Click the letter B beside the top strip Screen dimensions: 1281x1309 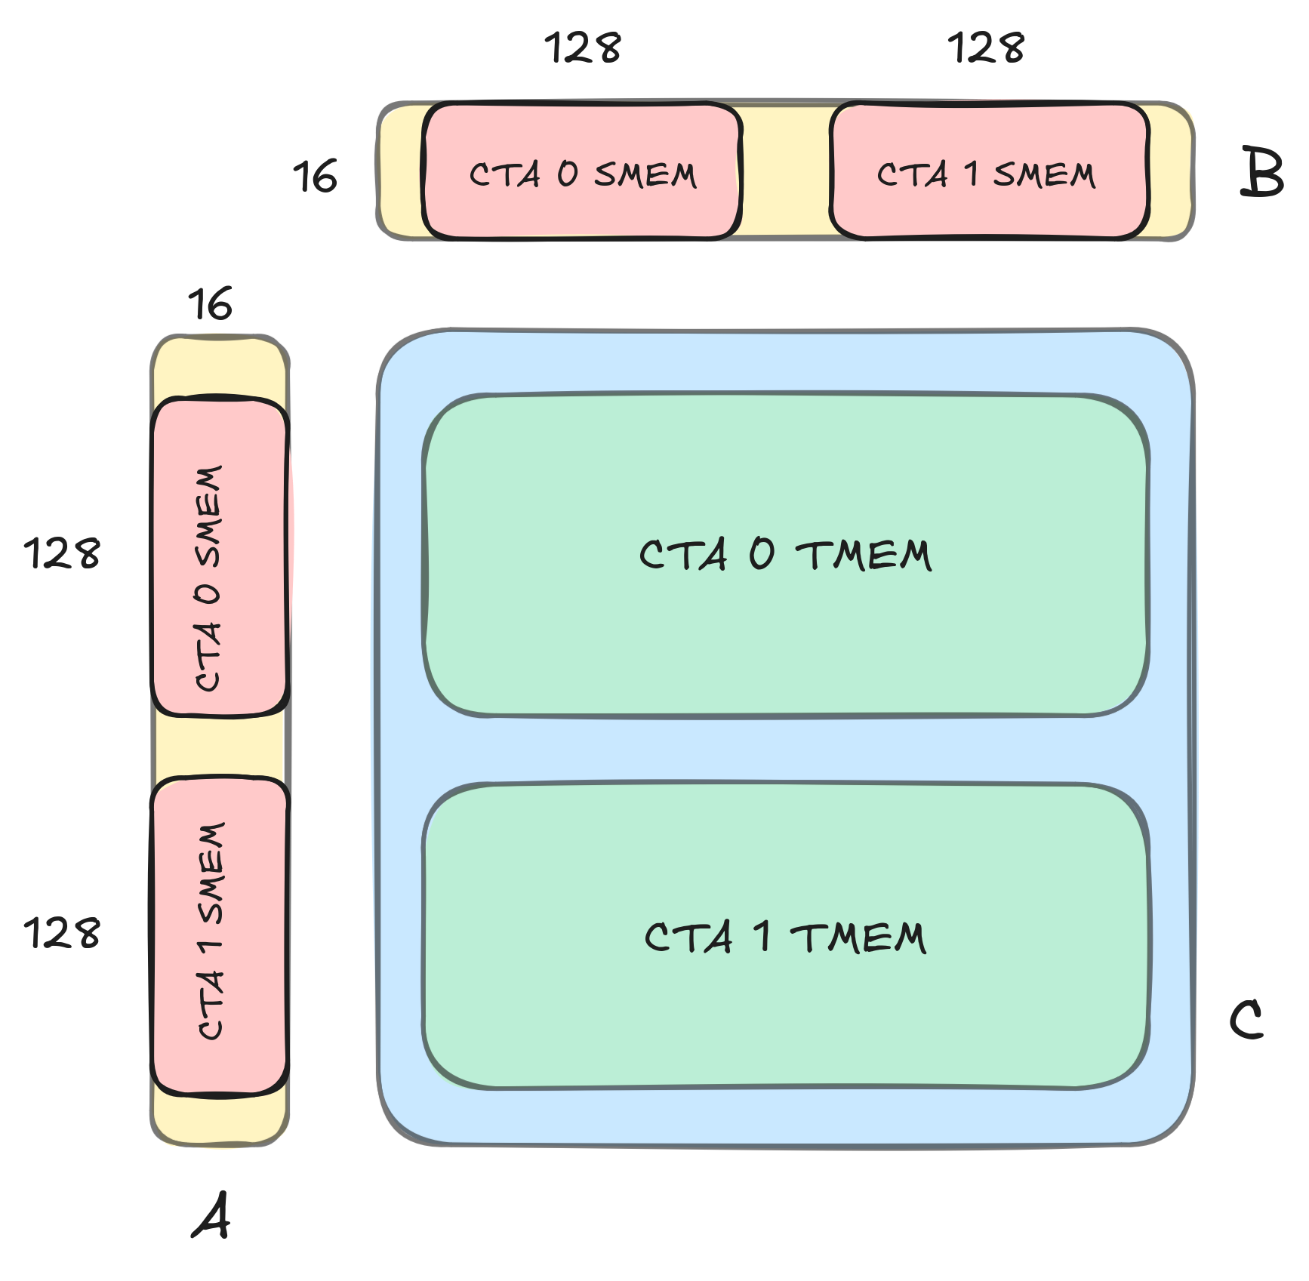1261,173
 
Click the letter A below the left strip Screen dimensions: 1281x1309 211,1215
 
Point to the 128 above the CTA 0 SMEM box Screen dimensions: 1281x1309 583,48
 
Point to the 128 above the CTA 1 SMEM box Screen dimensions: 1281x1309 986,48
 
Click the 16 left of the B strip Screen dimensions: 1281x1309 315,177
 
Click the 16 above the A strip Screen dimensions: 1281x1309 210,304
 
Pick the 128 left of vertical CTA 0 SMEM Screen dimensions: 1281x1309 62,553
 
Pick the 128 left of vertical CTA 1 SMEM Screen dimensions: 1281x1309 62,933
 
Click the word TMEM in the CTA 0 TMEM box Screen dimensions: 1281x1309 864,556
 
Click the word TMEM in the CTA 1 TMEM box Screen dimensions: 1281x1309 858,938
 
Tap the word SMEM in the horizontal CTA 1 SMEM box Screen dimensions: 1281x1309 1044,175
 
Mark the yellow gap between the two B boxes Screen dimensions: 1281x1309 786,171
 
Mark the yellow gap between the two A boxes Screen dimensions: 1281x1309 220,746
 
